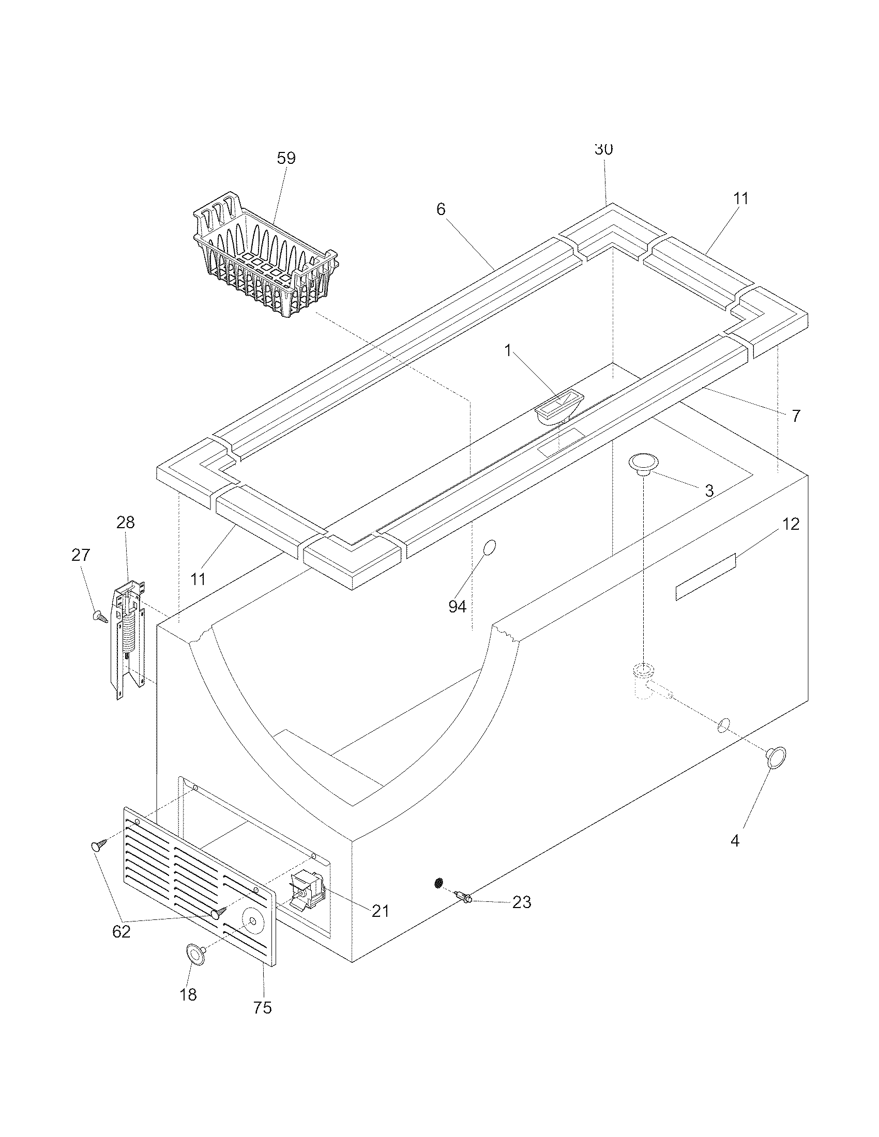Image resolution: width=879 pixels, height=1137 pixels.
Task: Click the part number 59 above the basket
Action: click(286, 158)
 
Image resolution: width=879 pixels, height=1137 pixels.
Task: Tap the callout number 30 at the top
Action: click(603, 149)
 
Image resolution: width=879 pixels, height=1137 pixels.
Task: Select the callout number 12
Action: click(791, 524)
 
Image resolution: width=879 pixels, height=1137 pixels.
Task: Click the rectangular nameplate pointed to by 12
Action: click(705, 577)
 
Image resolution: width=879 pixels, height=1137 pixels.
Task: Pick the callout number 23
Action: click(521, 902)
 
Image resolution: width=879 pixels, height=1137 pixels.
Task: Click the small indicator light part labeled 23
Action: click(463, 897)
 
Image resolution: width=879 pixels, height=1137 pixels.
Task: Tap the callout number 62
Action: click(122, 931)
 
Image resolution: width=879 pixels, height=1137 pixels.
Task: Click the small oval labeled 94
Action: click(490, 548)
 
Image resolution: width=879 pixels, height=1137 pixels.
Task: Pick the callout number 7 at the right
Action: click(795, 416)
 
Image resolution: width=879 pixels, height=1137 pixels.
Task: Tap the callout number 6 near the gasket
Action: click(441, 209)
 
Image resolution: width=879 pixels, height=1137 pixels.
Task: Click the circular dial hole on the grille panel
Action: click(252, 921)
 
